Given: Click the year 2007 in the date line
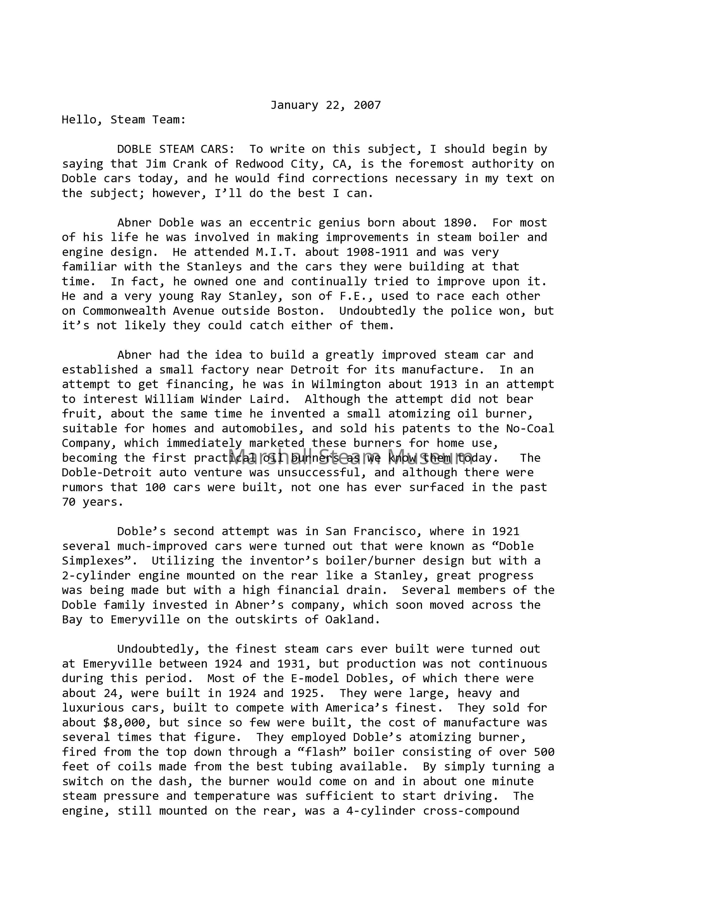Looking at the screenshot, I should pos(367,105).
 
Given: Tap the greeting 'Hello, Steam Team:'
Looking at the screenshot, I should pos(124,120).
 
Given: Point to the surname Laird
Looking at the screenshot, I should pos(270,399).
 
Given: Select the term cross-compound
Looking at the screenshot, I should pos(471,811).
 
